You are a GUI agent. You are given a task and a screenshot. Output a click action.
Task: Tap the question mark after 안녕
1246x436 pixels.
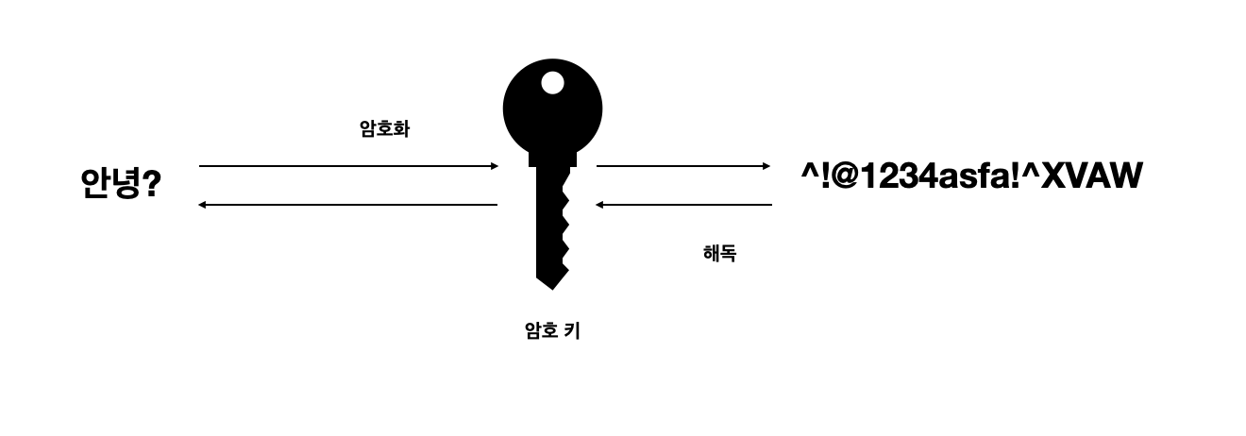[x=149, y=183]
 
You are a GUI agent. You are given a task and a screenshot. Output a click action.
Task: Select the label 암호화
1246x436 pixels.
[x=384, y=129]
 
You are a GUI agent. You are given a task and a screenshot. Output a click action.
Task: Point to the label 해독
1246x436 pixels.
[x=719, y=253]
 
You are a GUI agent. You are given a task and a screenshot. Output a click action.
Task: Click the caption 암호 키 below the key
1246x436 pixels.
[x=552, y=330]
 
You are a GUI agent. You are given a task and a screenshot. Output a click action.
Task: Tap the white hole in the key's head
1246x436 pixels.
[x=552, y=83]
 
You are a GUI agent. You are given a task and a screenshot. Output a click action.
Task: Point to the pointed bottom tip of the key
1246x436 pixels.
[x=552, y=284]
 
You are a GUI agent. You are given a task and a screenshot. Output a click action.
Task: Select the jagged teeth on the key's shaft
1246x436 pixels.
[x=566, y=226]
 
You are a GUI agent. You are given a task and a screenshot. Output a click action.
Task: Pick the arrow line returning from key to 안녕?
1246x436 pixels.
[x=349, y=205]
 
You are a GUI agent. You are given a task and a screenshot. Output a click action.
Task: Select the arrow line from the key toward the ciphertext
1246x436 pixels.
[x=680, y=166]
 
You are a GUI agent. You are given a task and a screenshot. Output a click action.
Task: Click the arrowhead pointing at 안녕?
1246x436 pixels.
[x=202, y=205]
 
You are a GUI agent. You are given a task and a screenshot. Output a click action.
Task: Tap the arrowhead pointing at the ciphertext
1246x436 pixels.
[x=766, y=166]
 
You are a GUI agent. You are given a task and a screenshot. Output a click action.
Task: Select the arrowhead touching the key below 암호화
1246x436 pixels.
[x=494, y=166]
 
